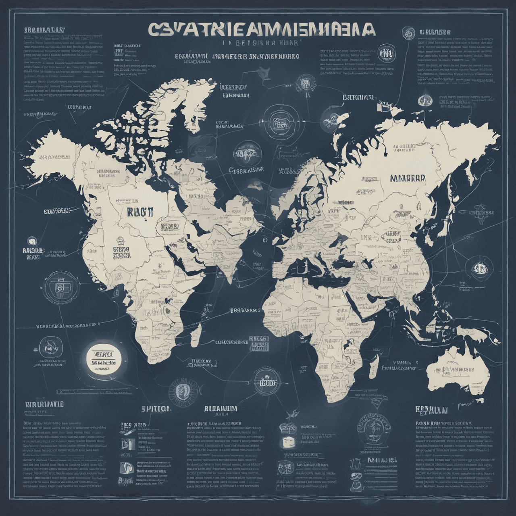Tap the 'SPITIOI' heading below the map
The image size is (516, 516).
point(155,409)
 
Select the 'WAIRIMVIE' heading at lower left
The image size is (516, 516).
point(44,404)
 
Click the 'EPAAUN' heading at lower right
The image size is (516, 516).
point(431,410)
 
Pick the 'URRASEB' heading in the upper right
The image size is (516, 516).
point(435,32)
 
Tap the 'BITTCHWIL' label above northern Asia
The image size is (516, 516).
point(358,98)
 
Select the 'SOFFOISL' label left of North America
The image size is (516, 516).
point(56,211)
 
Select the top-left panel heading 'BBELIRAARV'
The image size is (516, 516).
point(44,30)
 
